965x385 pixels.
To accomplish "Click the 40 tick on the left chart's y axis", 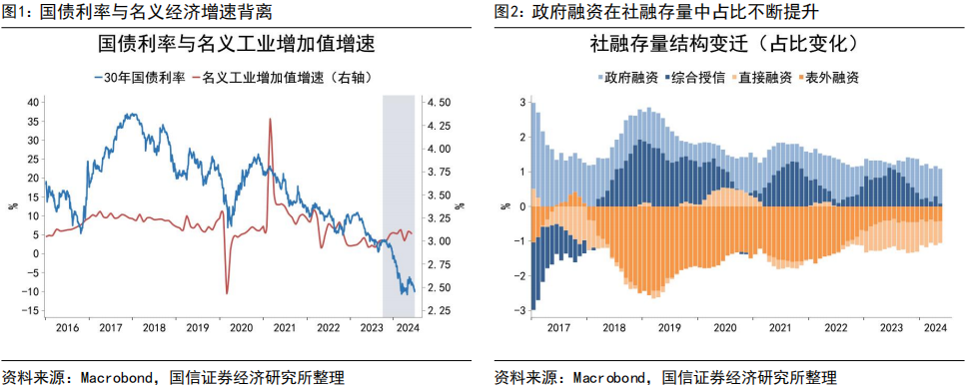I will [x=32, y=102].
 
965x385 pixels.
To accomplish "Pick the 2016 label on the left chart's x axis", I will [x=67, y=328].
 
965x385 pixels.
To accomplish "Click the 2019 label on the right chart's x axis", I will [x=667, y=328].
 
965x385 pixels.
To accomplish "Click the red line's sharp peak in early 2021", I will [x=270, y=120].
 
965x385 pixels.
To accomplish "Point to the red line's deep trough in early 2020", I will [x=227, y=292].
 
